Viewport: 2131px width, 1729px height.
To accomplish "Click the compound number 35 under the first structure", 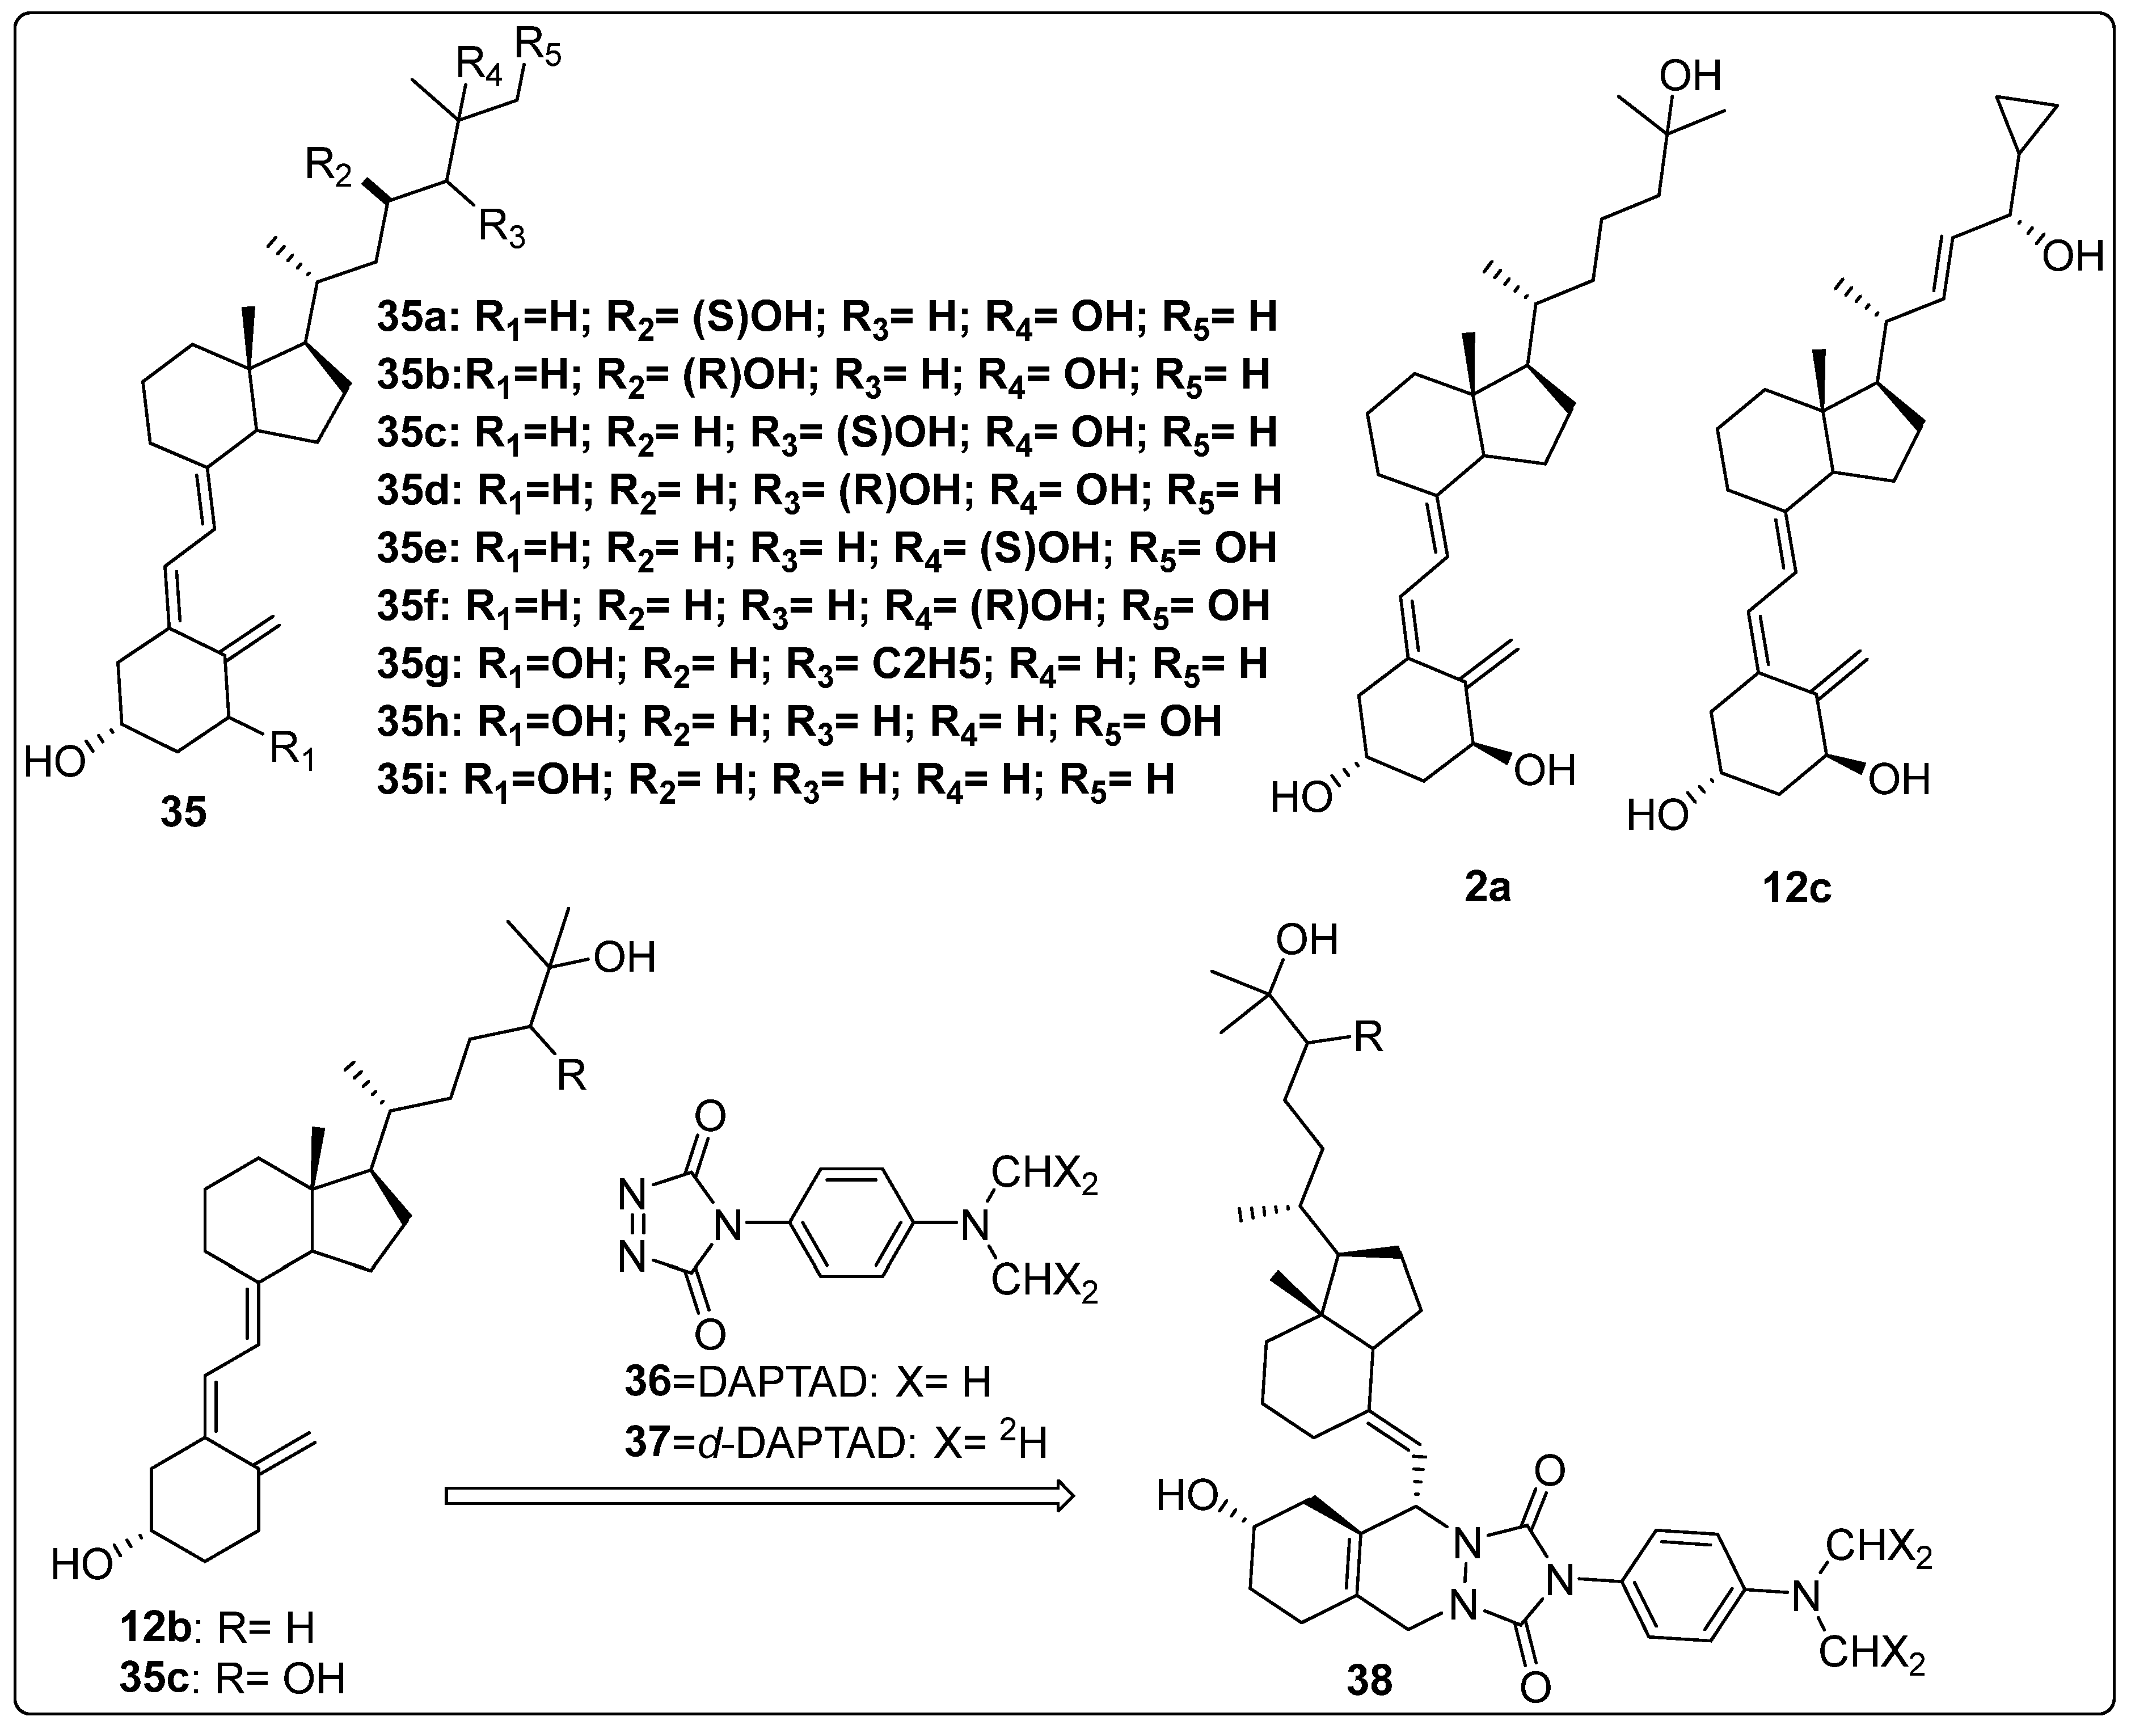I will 184,813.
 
